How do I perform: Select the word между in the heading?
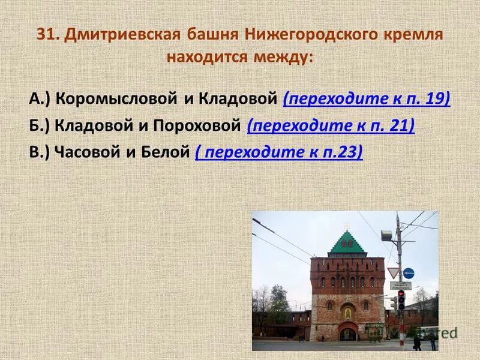coord(284,58)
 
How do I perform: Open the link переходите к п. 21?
coord(331,125)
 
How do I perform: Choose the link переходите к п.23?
coord(279,152)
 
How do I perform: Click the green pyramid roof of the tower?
coord(347,242)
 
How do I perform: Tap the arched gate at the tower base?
coord(347,332)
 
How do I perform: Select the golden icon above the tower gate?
coord(347,313)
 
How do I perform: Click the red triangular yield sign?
coord(394,272)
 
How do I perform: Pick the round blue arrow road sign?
coord(409,273)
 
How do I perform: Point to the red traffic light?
coord(401,295)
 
